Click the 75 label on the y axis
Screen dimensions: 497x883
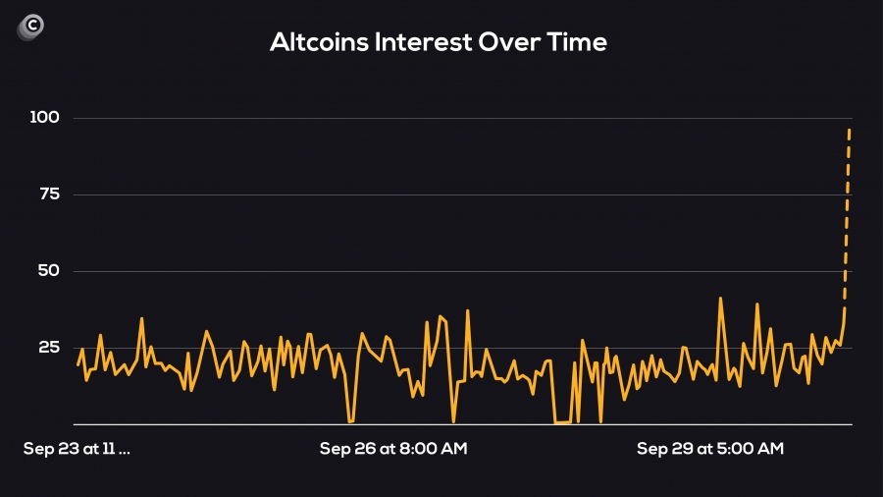[49, 194]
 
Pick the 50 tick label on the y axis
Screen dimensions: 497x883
[49, 271]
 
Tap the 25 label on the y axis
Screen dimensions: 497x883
[49, 348]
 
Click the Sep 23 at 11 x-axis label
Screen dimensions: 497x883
[77, 449]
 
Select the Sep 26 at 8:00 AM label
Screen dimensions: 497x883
[393, 449]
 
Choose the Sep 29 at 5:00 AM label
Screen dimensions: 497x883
[710, 449]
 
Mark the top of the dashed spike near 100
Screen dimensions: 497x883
[850, 130]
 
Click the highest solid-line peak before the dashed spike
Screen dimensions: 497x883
[720, 298]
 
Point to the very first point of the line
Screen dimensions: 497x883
[78, 364]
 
